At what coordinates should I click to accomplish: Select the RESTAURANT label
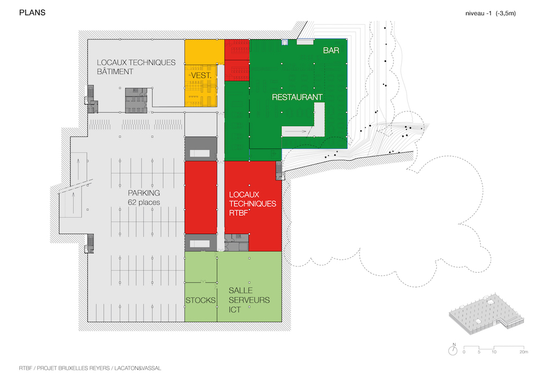[297, 97]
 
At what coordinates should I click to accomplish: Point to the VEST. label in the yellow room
[201, 76]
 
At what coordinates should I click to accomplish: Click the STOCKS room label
[201, 300]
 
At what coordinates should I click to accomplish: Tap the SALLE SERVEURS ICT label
[249, 300]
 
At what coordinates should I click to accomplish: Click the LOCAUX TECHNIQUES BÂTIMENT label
[136, 67]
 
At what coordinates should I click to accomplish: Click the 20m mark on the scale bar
[524, 352]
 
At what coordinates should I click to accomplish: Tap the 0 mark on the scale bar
[464, 352]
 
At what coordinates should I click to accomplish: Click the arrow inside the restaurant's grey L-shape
[301, 132]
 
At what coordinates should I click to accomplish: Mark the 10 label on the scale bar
[494, 352]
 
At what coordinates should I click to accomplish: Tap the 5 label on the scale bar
[479, 352]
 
